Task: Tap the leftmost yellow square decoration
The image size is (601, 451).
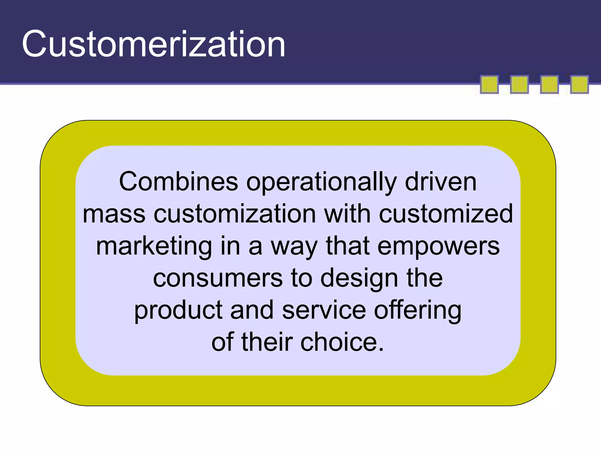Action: point(489,85)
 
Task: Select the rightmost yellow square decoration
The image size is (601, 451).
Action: point(579,85)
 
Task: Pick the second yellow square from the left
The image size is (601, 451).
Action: point(519,85)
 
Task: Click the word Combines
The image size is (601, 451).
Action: point(178,182)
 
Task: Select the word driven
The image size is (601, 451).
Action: point(440,182)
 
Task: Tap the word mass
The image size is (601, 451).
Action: point(114,214)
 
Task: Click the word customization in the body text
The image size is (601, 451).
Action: point(235,214)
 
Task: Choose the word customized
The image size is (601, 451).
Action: point(446,214)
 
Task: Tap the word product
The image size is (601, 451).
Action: point(178,311)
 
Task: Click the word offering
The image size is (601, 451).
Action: point(418,311)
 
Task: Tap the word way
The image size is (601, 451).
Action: point(294,247)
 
